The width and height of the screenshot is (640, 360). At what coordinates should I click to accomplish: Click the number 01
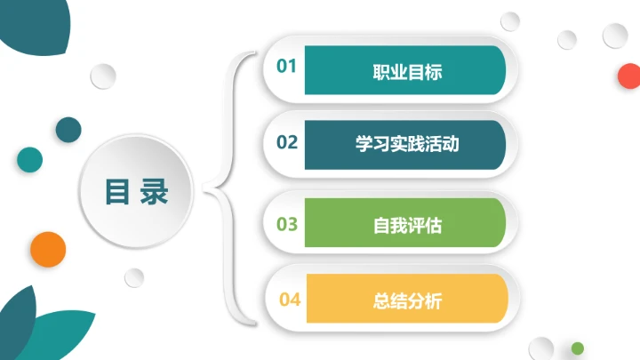pos(286,66)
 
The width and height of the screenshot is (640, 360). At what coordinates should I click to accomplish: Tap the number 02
pos(286,142)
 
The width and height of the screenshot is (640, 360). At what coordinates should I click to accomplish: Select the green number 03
pos(286,223)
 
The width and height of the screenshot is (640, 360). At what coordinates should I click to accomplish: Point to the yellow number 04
pos(290,300)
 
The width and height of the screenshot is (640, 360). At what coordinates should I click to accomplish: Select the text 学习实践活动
pos(406,143)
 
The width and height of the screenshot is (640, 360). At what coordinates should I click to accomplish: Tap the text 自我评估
pos(406,225)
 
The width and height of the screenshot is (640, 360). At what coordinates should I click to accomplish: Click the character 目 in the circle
pos(117,192)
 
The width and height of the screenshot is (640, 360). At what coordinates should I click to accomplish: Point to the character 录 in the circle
pos(154,192)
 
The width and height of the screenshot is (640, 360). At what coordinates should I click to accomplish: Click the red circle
pos(628,76)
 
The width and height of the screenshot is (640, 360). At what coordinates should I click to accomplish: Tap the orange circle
pos(48,249)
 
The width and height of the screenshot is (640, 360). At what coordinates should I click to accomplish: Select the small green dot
pos(578,348)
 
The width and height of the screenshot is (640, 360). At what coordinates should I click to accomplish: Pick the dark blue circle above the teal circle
pos(68,130)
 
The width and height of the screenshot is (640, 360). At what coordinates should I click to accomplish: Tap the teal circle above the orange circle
pos(29,159)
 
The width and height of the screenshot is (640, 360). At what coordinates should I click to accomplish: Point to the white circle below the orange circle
pos(134,277)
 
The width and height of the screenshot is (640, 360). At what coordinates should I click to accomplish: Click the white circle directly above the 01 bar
pos(510,20)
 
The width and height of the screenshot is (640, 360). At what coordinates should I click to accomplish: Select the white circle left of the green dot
pos(540,348)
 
